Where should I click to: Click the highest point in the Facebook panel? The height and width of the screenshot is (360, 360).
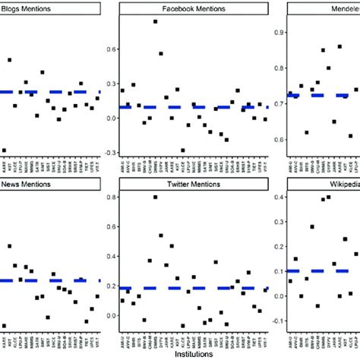point(156,21)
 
